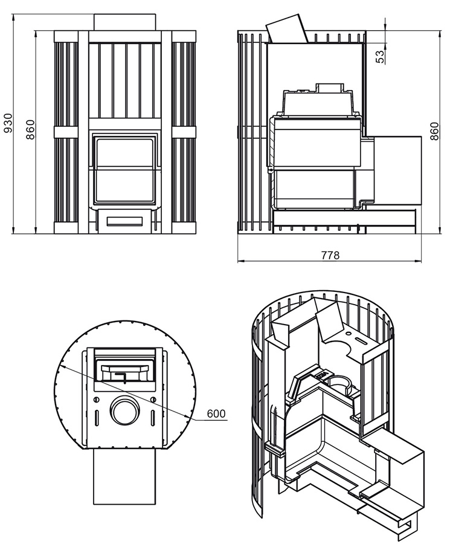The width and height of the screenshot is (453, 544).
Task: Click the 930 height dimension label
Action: point(8,123)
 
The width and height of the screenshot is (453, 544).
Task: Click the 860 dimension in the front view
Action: point(30,129)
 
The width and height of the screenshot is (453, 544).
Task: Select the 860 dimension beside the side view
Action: point(434,131)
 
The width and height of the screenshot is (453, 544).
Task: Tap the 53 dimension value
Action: point(380,57)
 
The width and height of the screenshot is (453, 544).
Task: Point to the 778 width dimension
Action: point(330,255)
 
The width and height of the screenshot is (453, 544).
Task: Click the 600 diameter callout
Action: point(216,413)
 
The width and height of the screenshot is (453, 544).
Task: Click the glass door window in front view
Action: point(125,170)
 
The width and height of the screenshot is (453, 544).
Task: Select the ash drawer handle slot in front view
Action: point(125,221)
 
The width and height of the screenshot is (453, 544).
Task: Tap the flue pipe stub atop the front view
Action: point(125,22)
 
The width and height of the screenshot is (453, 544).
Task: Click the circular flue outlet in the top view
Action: point(125,410)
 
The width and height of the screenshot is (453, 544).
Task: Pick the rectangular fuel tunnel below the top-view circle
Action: point(125,476)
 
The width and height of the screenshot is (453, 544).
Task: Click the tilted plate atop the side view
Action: point(287,29)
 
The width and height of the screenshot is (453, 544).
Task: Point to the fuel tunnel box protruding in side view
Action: point(397,169)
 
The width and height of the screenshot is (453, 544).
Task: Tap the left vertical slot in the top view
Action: point(97,418)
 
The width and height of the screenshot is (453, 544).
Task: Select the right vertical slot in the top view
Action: point(153,418)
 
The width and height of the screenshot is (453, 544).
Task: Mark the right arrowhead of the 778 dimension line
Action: point(419,261)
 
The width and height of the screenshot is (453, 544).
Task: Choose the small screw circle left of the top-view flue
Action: point(97,400)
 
